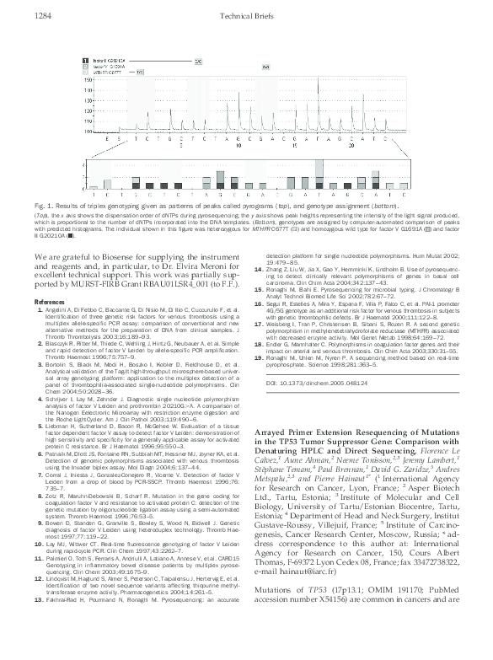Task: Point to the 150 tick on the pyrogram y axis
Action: tap(88, 78)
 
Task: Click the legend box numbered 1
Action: tap(83, 61)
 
